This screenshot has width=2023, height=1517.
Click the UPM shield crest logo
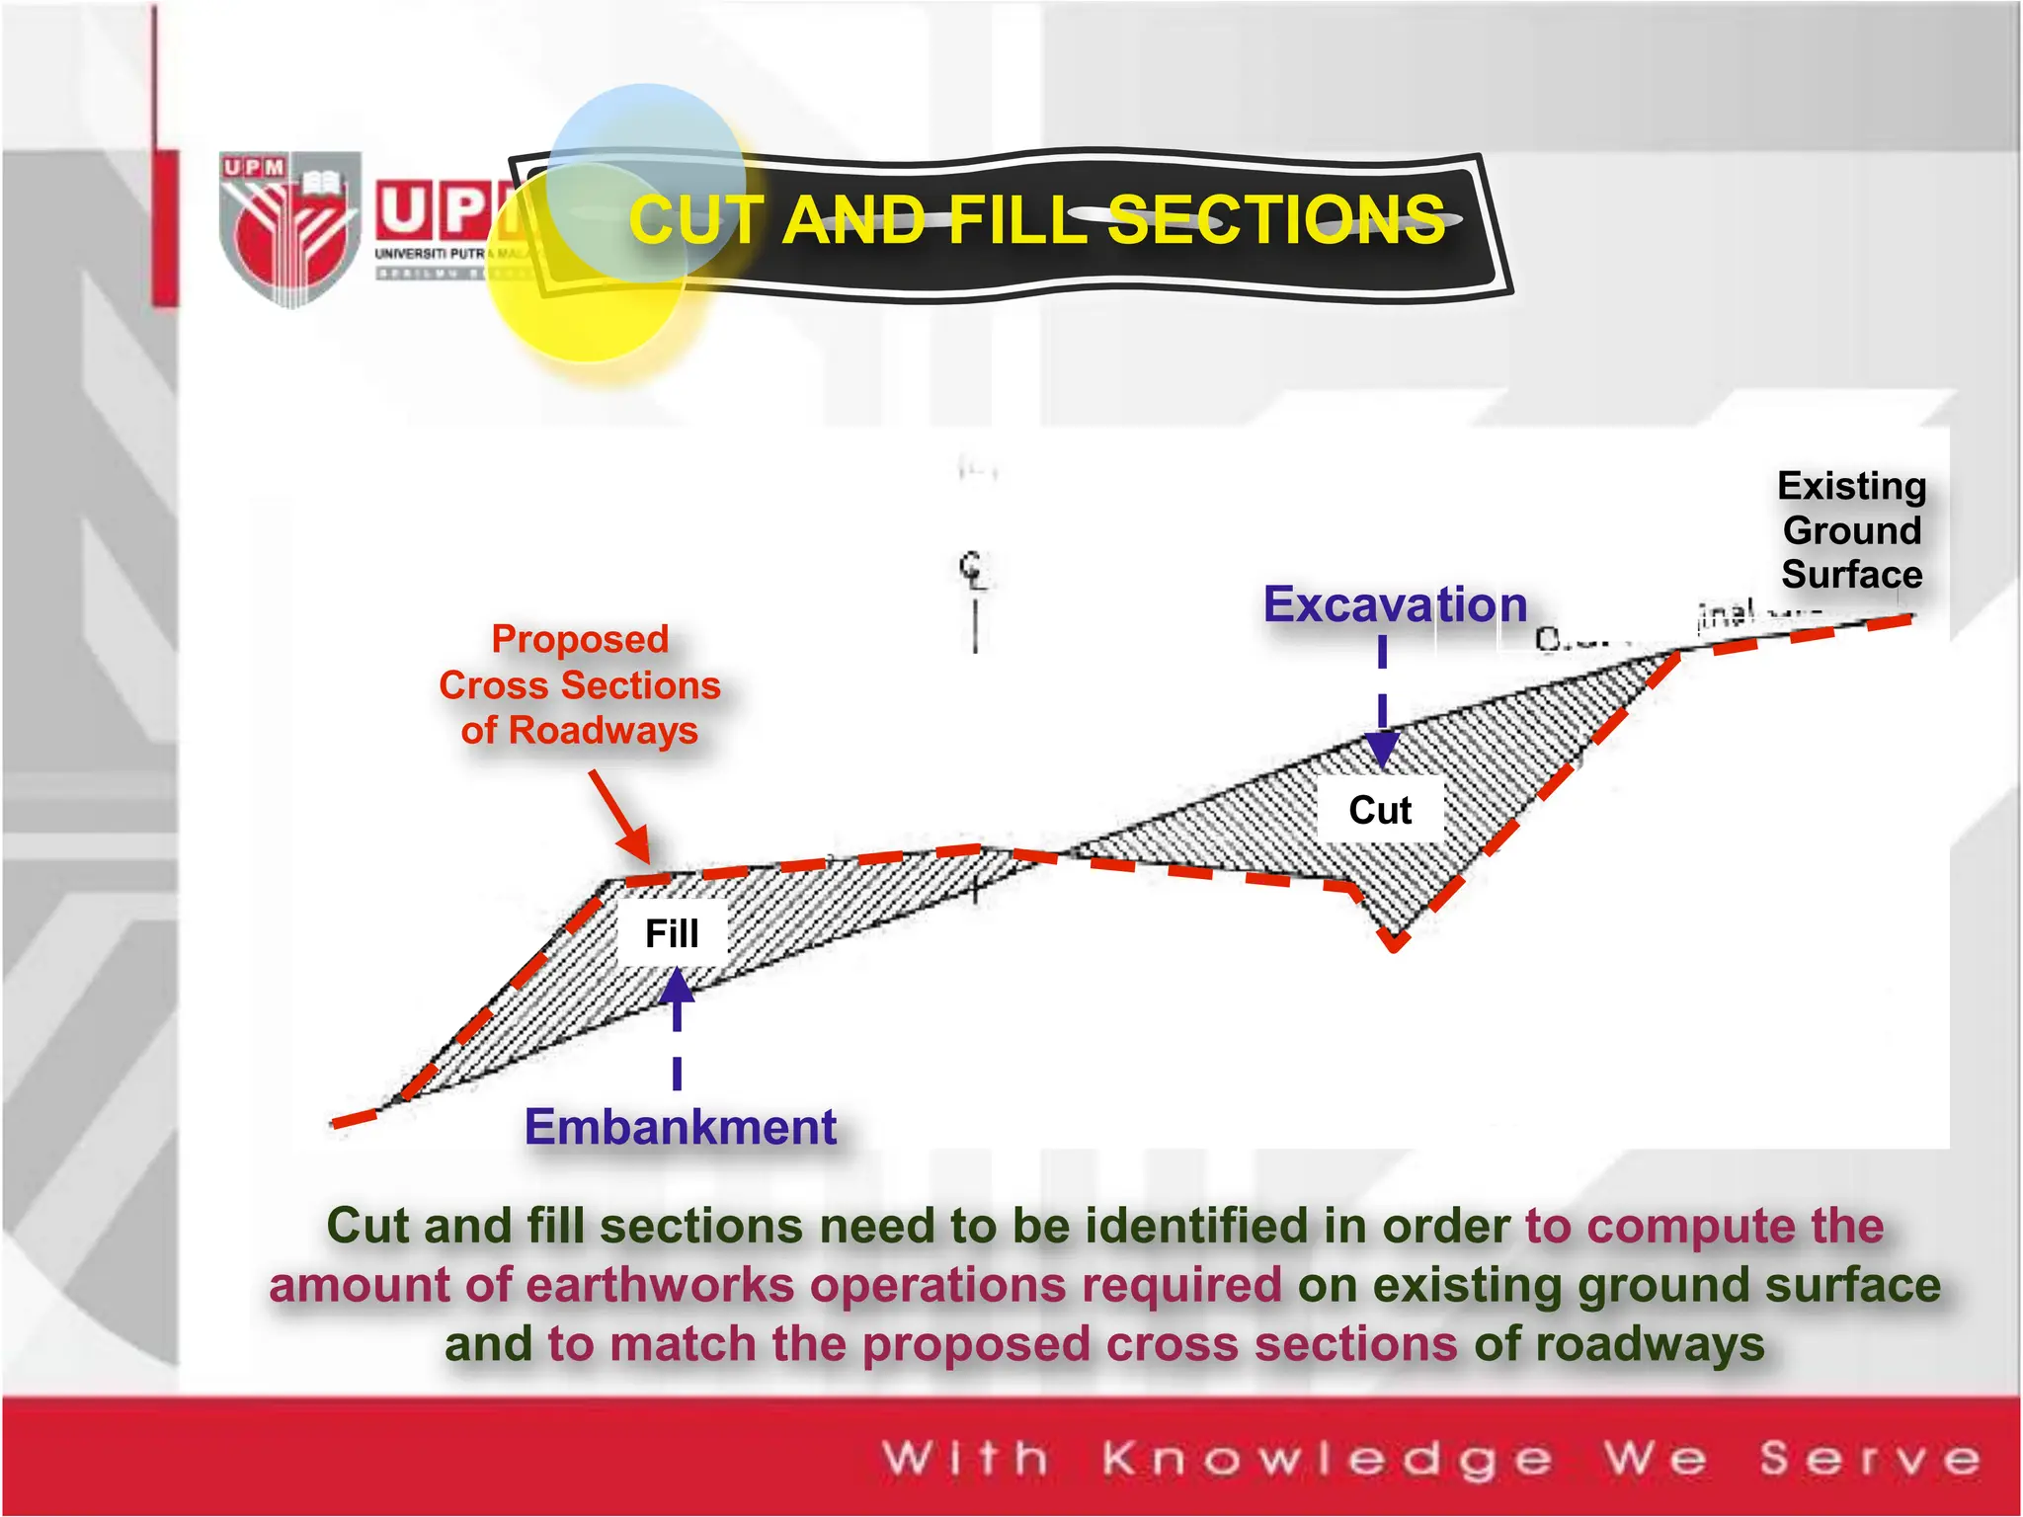[x=288, y=229]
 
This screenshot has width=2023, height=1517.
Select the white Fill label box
[x=672, y=933]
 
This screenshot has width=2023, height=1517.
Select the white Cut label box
[x=1380, y=810]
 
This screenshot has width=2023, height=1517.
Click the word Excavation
[x=1395, y=604]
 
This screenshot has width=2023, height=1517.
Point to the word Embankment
[x=681, y=1127]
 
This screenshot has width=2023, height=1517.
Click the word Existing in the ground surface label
[x=1852, y=486]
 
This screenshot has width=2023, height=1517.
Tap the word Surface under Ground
[x=1852, y=574]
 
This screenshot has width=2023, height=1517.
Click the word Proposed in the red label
[x=580, y=639]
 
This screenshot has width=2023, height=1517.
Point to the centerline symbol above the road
[x=974, y=571]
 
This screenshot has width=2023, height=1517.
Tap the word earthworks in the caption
[x=660, y=1286]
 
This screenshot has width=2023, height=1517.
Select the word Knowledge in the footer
[x=1327, y=1458]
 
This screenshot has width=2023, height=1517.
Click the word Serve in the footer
[x=1870, y=1458]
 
